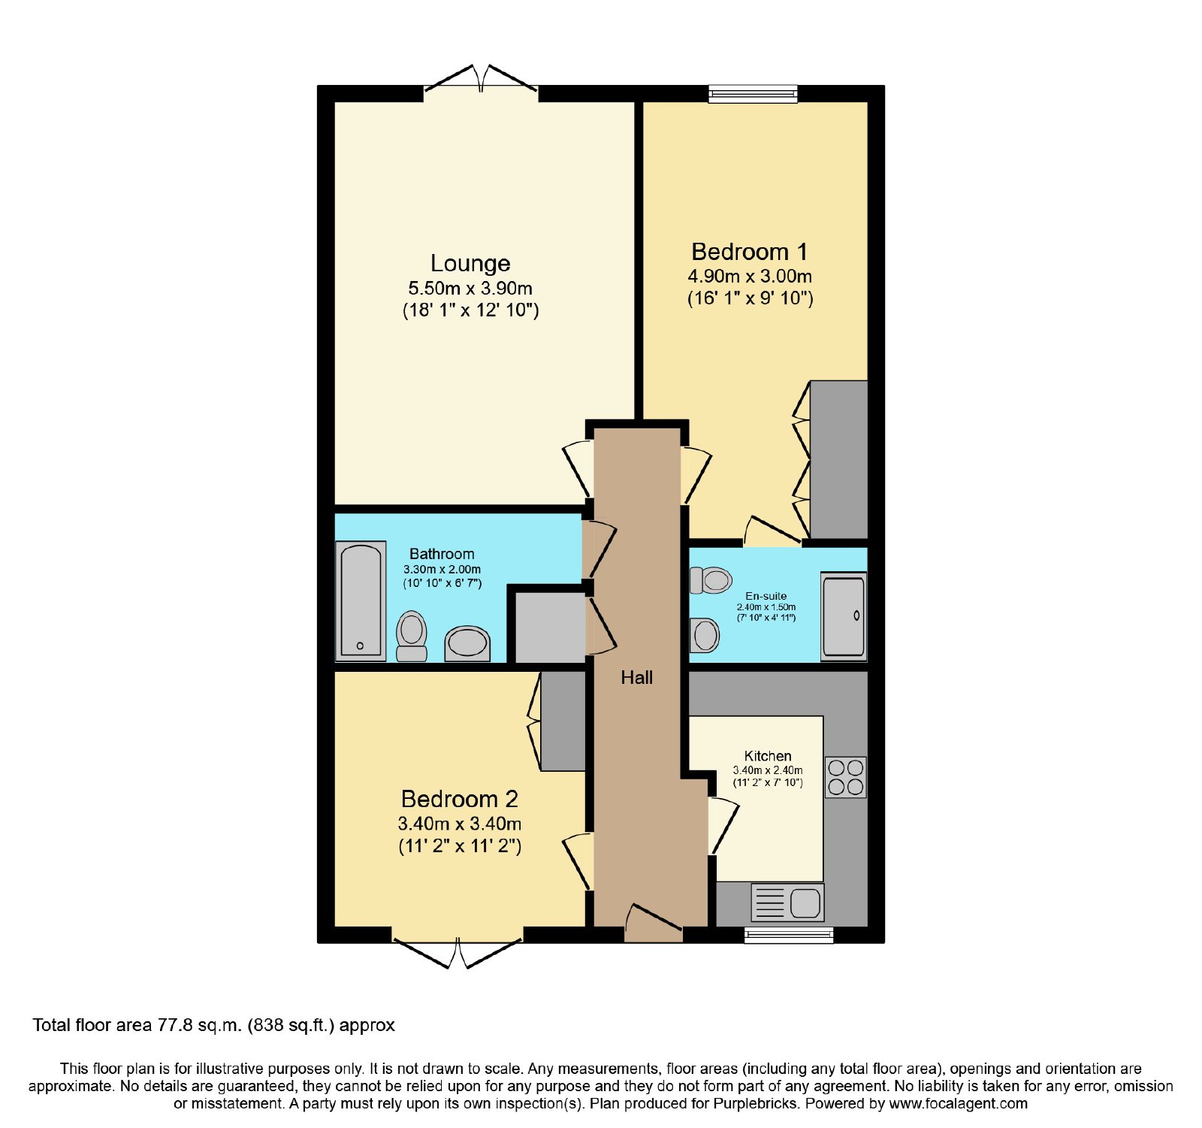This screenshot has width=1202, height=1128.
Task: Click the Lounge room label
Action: coord(470,263)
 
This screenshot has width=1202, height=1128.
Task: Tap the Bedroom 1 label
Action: coord(750,252)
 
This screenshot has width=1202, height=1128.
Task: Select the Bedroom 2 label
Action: coord(460,799)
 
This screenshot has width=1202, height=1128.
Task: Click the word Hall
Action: coord(637,677)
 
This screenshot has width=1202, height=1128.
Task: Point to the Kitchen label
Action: coord(768,756)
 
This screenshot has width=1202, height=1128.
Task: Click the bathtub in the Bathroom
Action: coord(361,600)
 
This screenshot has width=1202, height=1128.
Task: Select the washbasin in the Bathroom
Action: coord(467,644)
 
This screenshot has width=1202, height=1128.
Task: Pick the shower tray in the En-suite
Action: coord(844,616)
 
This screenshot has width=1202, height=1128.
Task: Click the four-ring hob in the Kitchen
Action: coord(846,777)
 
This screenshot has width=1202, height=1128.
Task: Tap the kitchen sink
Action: coord(787,903)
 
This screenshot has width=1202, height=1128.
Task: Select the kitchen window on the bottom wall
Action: coord(789,935)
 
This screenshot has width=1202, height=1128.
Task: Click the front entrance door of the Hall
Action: coord(653,924)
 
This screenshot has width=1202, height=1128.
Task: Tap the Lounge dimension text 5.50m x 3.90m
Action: coord(470,288)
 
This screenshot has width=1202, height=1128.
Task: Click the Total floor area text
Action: coord(213,1025)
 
